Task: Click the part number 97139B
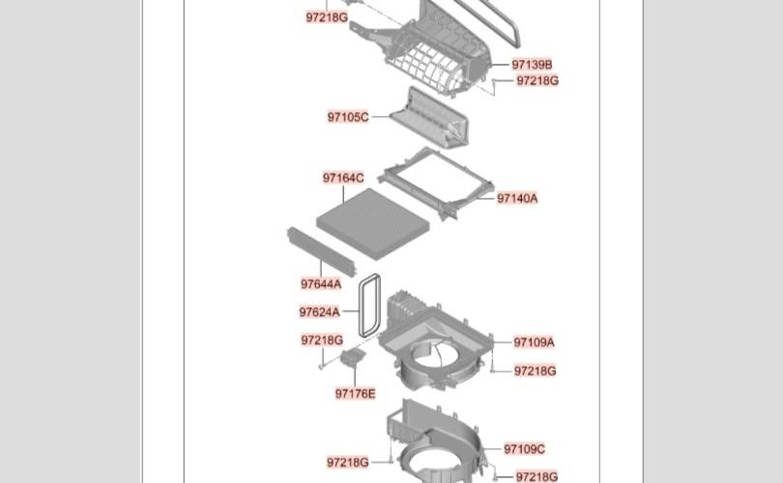532,65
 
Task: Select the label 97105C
347,117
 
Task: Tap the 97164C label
343,178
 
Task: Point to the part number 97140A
517,198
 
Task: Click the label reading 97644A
320,284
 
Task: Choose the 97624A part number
319,312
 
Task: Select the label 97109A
534,342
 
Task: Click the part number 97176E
356,393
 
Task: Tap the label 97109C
524,449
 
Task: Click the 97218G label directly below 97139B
537,81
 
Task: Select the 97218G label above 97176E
322,340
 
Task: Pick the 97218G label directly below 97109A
535,370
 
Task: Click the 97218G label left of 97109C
347,463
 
